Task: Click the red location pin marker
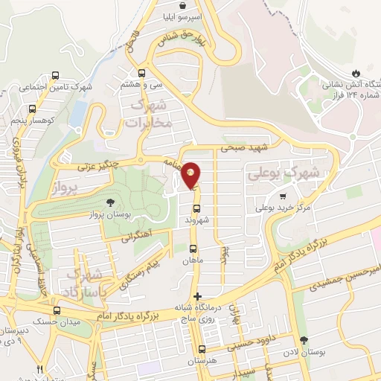[x=191, y=176]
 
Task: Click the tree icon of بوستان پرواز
[x=111, y=202]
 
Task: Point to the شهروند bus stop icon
[x=196, y=209]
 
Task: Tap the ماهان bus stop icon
[x=193, y=249]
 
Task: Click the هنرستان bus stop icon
[x=202, y=349]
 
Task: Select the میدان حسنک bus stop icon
[x=57, y=310]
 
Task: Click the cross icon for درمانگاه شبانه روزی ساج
[x=196, y=296]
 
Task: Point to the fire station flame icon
[x=356, y=73]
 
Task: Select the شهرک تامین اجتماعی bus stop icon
[x=55, y=75]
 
